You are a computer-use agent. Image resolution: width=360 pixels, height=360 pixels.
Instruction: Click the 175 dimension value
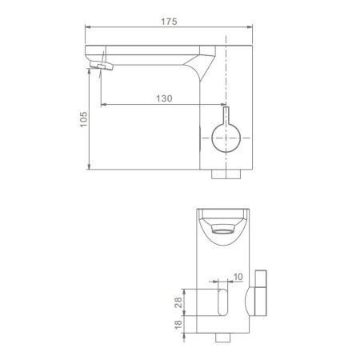[169, 22]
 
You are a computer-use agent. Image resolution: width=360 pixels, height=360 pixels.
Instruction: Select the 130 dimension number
[164, 98]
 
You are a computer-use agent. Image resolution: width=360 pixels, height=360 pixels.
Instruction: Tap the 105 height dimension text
[83, 119]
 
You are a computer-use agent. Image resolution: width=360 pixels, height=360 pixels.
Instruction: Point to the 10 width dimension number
[238, 277]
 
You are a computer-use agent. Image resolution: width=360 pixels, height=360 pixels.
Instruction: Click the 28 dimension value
[178, 302]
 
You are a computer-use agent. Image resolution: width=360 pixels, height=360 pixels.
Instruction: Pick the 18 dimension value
[178, 324]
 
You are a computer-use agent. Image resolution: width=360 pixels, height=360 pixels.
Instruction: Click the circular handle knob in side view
[226, 138]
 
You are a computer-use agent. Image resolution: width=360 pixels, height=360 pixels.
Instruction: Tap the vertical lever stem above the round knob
[226, 115]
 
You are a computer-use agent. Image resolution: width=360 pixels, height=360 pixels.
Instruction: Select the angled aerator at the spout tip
[102, 66]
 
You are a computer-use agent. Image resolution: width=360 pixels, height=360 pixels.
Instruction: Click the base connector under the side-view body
[226, 174]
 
